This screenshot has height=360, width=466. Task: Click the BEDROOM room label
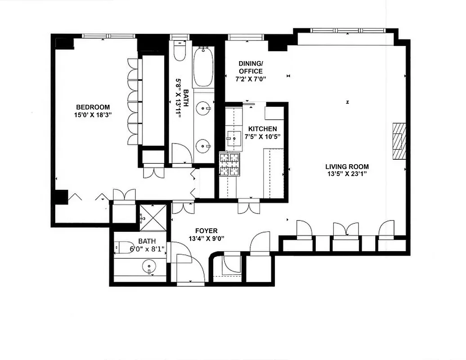[93, 107]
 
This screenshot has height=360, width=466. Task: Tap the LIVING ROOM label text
[347, 167]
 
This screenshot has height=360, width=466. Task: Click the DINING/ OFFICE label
[251, 67]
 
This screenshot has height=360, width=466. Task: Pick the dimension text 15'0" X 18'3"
[93, 115]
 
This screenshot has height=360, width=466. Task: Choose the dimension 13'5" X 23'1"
[347, 174]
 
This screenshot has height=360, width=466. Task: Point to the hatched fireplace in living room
[399, 140]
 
